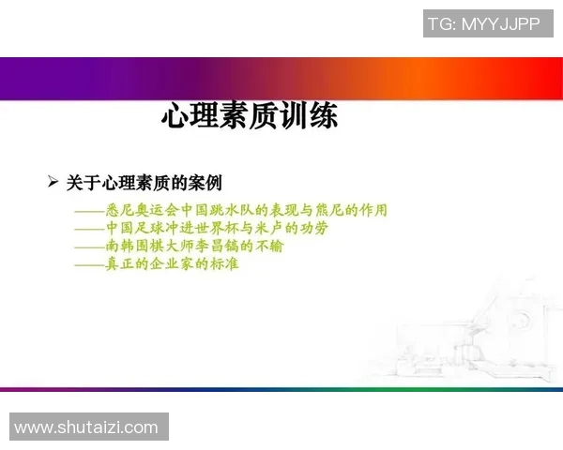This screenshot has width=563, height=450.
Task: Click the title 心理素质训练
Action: tap(250, 117)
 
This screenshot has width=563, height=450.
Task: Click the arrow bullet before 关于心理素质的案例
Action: tap(53, 181)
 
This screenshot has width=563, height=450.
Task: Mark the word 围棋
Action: tap(150, 247)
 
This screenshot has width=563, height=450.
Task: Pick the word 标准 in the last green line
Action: tap(224, 264)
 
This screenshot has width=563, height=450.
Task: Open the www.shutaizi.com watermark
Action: tap(86, 427)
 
